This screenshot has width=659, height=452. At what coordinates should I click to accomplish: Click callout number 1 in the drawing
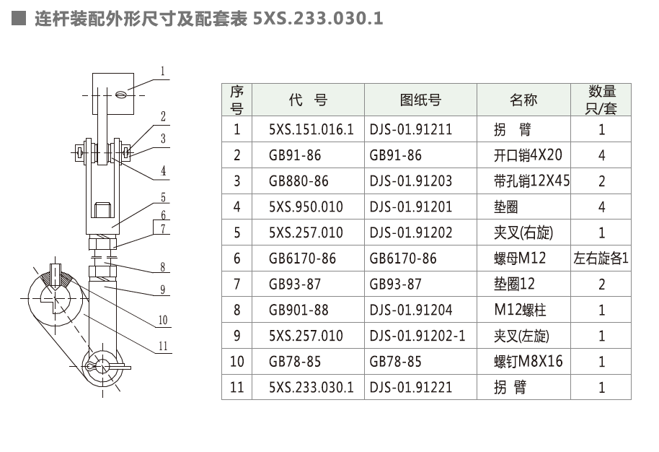point(163,71)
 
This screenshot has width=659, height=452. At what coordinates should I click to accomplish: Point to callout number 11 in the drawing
point(163,346)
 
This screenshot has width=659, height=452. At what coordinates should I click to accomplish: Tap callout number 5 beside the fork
point(163,197)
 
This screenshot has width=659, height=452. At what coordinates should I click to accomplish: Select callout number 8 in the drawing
point(163,267)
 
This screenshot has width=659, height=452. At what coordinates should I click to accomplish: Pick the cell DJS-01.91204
point(411,310)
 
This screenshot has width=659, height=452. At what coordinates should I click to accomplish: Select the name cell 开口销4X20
point(528,155)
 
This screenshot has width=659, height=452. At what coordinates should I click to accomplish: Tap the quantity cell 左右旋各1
point(601,258)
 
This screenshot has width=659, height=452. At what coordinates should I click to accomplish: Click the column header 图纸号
point(420,100)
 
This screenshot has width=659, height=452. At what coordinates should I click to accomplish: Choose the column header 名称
point(523,100)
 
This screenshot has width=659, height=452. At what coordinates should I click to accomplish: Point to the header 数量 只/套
point(601,100)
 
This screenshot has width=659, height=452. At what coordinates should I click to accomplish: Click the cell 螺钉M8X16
point(528,361)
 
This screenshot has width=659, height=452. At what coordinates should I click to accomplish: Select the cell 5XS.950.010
point(306,207)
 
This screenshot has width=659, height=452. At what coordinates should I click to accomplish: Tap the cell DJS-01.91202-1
point(417,336)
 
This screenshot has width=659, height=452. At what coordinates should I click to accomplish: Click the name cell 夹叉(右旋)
point(523,232)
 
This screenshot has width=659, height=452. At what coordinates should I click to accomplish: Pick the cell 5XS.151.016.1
point(311,129)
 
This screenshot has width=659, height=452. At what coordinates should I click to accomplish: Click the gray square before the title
point(19,18)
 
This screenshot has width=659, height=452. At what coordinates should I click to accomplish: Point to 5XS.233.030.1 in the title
point(318,19)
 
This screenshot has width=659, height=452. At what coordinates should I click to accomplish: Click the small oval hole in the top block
point(120,95)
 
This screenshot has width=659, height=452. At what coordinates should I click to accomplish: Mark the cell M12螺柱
point(520,310)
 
